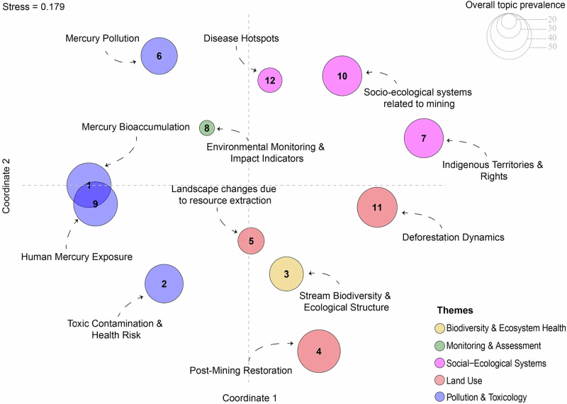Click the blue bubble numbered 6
coord(159,56)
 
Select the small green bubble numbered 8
coord(207,128)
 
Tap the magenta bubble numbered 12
coord(270,80)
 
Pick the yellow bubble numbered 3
coord(286,274)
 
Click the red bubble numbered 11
coord(377,207)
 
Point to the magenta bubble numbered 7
coord(423,138)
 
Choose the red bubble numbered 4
coord(319,351)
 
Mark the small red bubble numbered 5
coord(251,241)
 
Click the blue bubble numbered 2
coord(164,284)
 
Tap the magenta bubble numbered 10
coord(342,76)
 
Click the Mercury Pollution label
coord(102,38)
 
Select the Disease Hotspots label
coord(241,38)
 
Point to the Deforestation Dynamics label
coord(453,237)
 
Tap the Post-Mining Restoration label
coord(241,371)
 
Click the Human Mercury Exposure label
coord(77,257)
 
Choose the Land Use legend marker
coord(439,381)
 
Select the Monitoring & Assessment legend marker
coord(439,346)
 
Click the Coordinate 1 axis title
coord(249,398)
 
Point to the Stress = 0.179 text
coord(33,7)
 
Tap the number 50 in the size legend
coord(552,47)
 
